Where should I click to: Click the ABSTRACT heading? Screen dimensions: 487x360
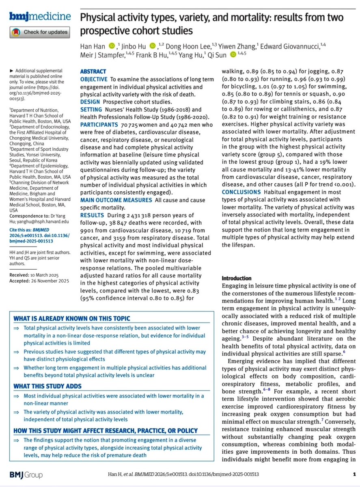tap(93, 71)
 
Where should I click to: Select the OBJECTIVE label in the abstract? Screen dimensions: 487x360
tap(94, 79)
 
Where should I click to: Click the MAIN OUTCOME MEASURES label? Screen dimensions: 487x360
tap(116, 200)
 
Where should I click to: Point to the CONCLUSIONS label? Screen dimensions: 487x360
tap(241, 192)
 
